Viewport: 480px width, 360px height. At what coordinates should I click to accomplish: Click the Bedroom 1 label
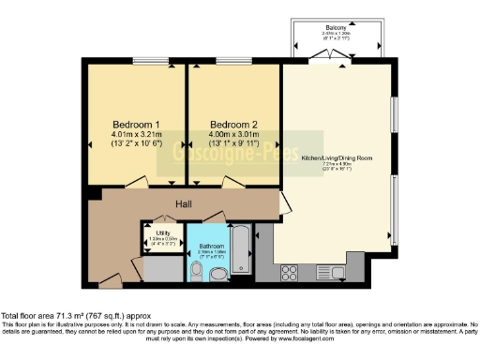pyautogui.click(x=137, y=125)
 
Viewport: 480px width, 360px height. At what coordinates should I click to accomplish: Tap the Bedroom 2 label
pyautogui.click(x=232, y=125)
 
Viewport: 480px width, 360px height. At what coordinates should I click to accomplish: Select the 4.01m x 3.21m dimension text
pyautogui.click(x=137, y=135)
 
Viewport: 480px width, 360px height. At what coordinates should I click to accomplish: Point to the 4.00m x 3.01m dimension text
pyautogui.click(x=232, y=135)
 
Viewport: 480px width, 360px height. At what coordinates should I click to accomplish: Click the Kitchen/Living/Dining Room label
pyautogui.click(x=337, y=159)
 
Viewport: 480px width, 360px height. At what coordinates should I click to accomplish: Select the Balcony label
pyautogui.click(x=337, y=29)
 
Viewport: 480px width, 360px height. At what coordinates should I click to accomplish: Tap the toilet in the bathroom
pyautogui.click(x=195, y=271)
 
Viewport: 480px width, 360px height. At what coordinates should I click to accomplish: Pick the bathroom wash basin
pyautogui.click(x=217, y=275)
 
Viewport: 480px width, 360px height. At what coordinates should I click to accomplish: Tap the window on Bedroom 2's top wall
pyautogui.click(x=232, y=64)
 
